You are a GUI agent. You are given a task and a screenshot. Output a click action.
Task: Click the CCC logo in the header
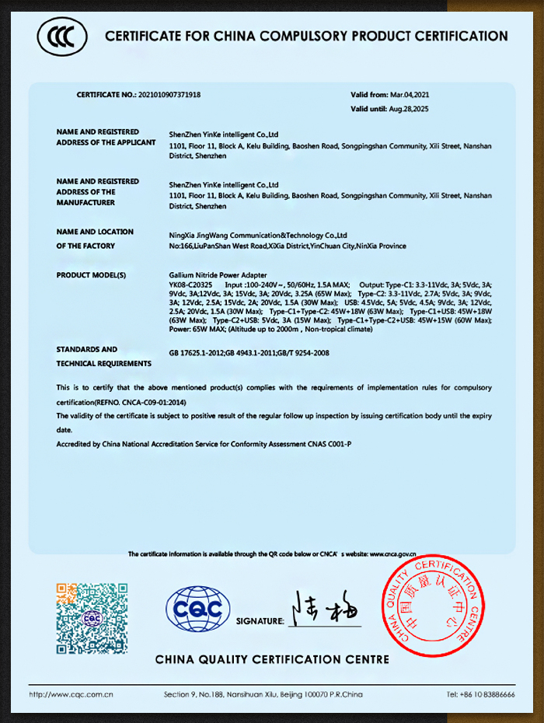(62, 36)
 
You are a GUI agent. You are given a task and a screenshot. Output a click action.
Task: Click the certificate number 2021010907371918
(169, 94)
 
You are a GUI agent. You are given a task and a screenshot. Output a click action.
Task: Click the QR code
(92, 618)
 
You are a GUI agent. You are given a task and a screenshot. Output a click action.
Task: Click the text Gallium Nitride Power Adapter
(218, 275)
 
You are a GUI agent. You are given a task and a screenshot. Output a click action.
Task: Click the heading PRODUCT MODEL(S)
(91, 275)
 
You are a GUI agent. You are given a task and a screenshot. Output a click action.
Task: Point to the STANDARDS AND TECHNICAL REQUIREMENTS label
(103, 356)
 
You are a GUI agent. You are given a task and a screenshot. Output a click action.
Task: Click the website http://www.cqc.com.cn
(72, 693)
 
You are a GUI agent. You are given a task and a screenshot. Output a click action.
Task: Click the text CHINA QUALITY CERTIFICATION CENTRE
(272, 659)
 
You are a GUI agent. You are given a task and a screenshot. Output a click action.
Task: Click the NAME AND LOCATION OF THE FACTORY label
(95, 239)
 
